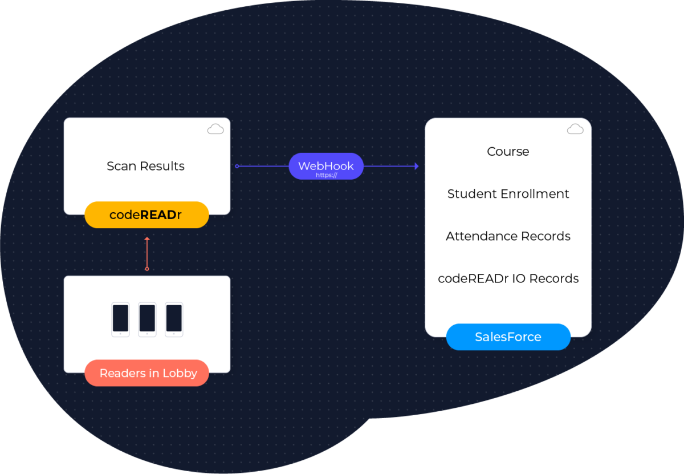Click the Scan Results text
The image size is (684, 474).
[x=145, y=166]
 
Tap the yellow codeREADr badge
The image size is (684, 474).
[x=146, y=215]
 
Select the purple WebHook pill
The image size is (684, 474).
[x=326, y=166]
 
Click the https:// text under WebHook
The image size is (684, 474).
[x=326, y=175]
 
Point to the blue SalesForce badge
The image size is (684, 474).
[x=508, y=337]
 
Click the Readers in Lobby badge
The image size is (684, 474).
[x=147, y=373]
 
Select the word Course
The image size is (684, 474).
[x=508, y=151]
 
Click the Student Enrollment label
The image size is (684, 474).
[x=508, y=194]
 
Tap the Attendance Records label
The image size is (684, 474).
[x=508, y=236]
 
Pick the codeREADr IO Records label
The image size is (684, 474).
[x=508, y=278]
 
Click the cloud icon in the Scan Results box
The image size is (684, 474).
[x=215, y=129]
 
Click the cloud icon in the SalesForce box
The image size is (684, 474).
[x=575, y=129]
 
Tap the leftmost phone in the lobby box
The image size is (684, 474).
[x=120, y=319]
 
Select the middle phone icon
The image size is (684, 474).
[x=147, y=319]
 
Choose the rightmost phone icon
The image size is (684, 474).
[x=174, y=319]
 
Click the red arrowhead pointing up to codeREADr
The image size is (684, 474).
[x=147, y=239]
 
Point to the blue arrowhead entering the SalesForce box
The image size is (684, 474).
[x=417, y=166]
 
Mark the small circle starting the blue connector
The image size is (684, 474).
[x=237, y=166]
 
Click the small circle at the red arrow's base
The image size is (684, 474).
[x=147, y=269]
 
